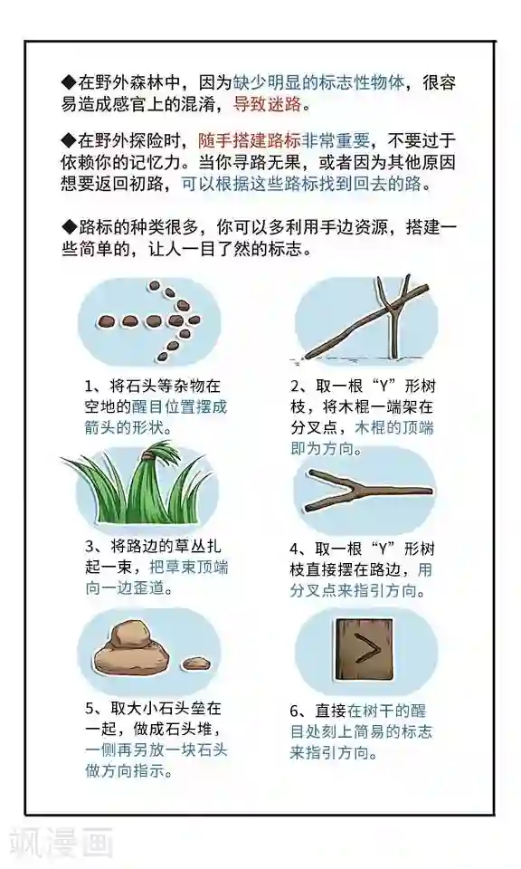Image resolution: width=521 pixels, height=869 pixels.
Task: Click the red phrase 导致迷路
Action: pyautogui.click(x=268, y=104)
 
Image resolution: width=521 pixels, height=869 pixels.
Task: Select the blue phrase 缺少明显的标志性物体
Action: pyautogui.click(x=319, y=82)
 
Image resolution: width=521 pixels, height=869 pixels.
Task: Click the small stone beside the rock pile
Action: pyautogui.click(x=197, y=663)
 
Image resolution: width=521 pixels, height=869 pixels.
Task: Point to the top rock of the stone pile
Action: pyautogui.click(x=129, y=635)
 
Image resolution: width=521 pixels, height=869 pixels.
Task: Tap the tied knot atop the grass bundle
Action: pyautogui.click(x=148, y=456)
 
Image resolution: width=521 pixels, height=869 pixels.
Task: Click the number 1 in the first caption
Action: pyautogui.click(x=89, y=386)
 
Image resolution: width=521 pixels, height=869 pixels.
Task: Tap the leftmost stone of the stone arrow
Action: pyautogui.click(x=105, y=321)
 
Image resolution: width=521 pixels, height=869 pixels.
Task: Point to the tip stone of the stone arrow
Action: pyautogui.click(x=194, y=320)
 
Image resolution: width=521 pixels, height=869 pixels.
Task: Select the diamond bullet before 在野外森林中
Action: pyautogui.click(x=69, y=82)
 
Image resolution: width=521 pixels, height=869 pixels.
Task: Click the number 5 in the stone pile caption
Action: pyautogui.click(x=90, y=709)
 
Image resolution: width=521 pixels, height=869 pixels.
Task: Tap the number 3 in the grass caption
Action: pyautogui.click(x=90, y=547)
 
